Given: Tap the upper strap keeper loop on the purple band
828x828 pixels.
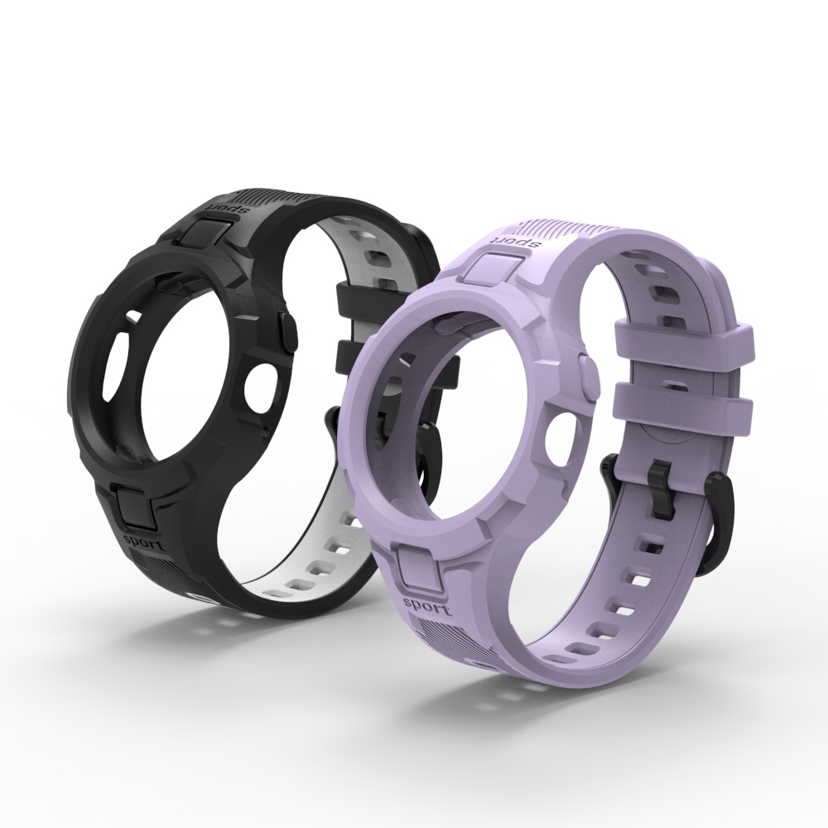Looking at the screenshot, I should (x=682, y=342).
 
